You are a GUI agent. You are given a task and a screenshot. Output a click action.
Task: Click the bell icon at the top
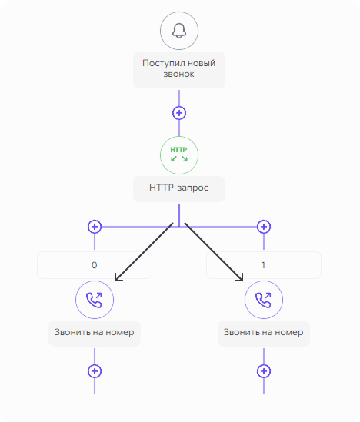(179, 31)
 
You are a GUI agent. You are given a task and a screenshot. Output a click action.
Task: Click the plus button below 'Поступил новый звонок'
(179, 113)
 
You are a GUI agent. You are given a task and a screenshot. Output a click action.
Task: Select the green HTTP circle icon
(179, 155)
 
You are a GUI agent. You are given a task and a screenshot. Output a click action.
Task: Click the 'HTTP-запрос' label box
(179, 188)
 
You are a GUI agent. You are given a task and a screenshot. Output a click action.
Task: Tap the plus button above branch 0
(95, 227)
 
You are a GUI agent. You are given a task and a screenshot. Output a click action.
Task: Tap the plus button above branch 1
(264, 227)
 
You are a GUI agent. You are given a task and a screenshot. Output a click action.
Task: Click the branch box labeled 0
(95, 265)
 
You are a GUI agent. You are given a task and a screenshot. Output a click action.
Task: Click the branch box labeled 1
(264, 265)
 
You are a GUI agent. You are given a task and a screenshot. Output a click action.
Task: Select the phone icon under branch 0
(95, 300)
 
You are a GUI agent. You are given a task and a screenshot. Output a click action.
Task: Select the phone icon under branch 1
(264, 300)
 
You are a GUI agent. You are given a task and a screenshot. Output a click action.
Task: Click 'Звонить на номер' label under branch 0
(95, 333)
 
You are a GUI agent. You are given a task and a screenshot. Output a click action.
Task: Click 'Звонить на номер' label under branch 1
(264, 333)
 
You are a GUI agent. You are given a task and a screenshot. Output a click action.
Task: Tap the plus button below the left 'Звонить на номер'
(95, 371)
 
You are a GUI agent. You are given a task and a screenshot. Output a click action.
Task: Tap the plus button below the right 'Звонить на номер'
(264, 371)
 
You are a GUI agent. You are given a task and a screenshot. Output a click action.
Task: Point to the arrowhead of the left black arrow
(115, 281)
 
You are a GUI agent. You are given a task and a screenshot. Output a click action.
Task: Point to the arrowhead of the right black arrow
(242, 281)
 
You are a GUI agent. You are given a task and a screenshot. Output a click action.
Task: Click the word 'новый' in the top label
(201, 63)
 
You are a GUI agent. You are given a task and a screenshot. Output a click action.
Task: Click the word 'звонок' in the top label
(178, 74)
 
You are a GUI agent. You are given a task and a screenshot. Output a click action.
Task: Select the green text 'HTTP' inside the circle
(178, 150)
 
